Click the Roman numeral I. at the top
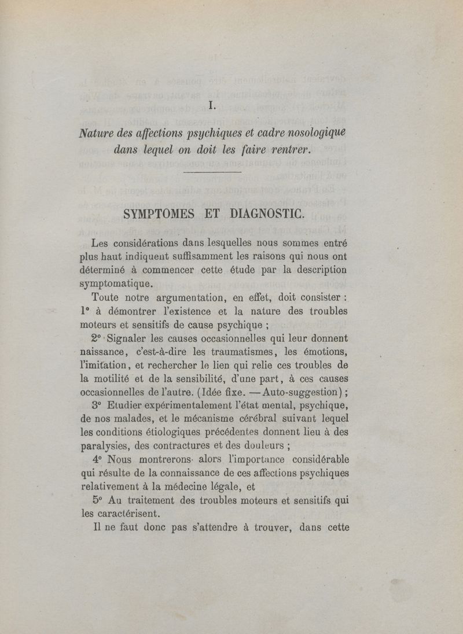(x=212, y=106)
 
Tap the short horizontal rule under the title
(x=212, y=172)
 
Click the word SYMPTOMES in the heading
(x=160, y=214)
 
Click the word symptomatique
(x=116, y=283)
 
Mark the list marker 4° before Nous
(x=97, y=460)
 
